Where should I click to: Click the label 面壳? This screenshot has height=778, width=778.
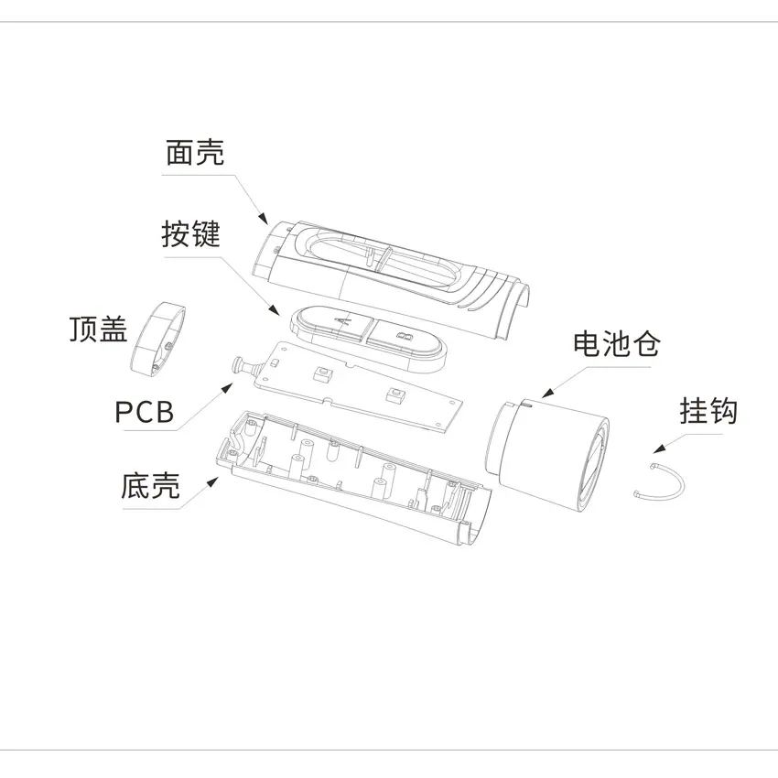tap(194, 152)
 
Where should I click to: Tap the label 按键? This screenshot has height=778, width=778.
tap(191, 233)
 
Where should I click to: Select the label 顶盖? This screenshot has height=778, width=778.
tap(98, 329)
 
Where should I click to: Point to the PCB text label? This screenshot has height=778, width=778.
tap(145, 412)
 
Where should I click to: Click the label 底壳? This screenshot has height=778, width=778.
tap(150, 485)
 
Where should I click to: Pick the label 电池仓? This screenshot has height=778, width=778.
tap(616, 343)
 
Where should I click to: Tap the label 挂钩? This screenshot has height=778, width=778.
tap(708, 411)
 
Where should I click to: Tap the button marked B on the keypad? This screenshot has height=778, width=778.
tap(405, 338)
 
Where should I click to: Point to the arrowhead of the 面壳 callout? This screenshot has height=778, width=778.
tap(263, 218)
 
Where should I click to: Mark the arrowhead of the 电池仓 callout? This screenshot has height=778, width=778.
tap(547, 393)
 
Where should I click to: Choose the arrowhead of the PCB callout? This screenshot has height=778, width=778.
tap(228, 387)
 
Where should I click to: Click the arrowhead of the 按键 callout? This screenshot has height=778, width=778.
tap(275, 310)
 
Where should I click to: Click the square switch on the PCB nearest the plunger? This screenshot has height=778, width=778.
tap(322, 373)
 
